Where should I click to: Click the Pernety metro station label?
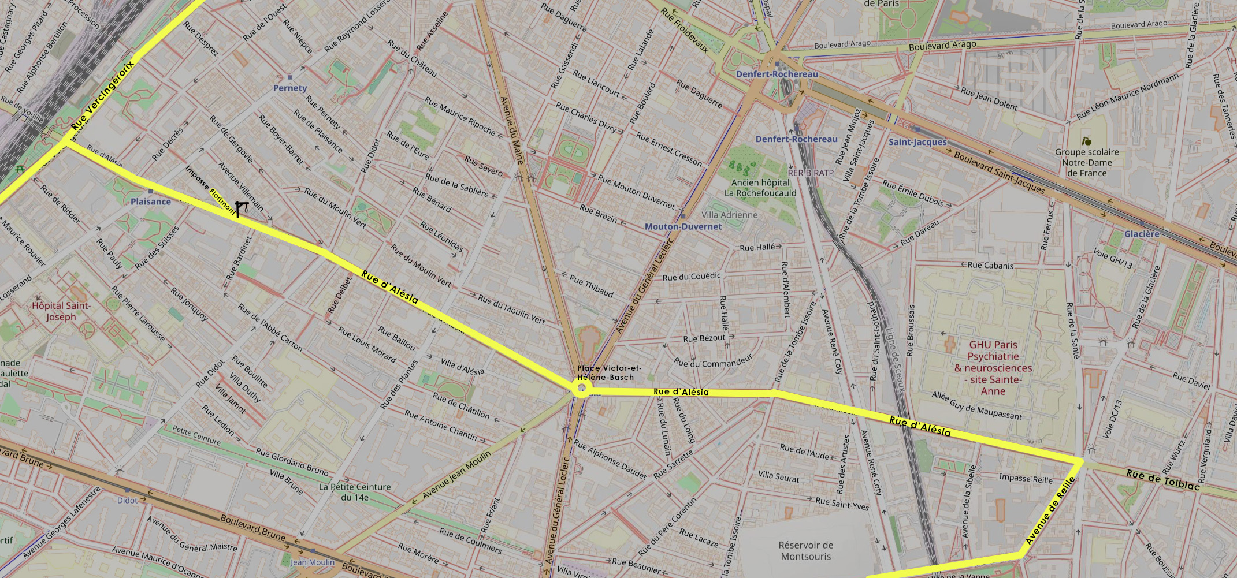290,88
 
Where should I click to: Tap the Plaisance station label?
150,202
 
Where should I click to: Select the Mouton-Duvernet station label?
683,226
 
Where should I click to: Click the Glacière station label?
1141,234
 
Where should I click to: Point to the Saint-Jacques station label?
917,141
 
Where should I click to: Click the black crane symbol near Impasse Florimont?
241,208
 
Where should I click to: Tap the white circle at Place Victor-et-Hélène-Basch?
581,389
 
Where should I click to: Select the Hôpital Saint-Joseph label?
61,311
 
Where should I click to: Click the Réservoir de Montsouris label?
805,551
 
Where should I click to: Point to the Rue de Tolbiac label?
1162,480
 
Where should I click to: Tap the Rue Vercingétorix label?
103,95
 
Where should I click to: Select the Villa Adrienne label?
729,215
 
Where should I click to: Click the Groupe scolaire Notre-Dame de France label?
1087,162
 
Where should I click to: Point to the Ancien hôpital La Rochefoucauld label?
760,188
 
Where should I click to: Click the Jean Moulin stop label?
312,562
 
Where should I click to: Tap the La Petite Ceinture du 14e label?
354,492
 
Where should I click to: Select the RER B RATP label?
811,173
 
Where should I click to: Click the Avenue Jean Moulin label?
456,475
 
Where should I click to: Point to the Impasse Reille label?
1026,479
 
